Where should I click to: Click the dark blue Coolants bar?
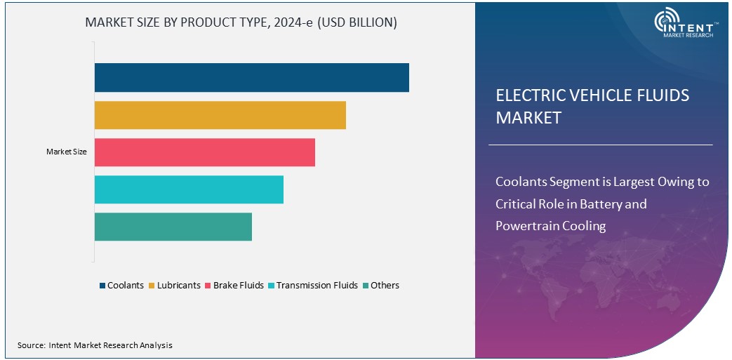tap(251, 77)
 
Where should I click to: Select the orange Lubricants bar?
tap(220, 115)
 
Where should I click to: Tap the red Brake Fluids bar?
tap(205, 152)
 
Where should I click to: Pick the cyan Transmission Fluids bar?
tap(189, 189)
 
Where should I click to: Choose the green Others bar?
tap(173, 227)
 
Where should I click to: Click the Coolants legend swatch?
tap(102, 286)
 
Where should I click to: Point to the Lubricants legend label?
tap(179, 286)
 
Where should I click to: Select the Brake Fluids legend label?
tap(239, 286)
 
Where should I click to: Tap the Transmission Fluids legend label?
tap(317, 286)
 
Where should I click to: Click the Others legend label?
tap(385, 286)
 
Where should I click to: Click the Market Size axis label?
tap(67, 152)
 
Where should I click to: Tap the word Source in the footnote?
tap(31, 345)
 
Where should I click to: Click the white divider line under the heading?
tap(600, 145)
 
